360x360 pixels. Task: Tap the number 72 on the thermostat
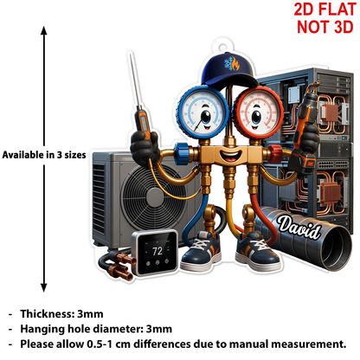[x=157, y=251]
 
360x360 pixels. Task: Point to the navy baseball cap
[x=228, y=70]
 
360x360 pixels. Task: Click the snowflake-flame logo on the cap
[x=232, y=64]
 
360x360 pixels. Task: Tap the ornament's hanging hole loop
[x=222, y=47]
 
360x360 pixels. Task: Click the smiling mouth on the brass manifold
[x=230, y=156]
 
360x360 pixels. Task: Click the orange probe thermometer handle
[x=144, y=124]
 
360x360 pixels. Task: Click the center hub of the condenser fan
[x=156, y=196]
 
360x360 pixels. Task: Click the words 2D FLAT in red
[x=325, y=10]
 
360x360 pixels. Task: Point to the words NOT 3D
[x=325, y=27]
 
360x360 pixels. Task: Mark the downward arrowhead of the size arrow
[x=44, y=288]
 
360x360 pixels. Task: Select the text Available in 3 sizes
[x=44, y=155]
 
